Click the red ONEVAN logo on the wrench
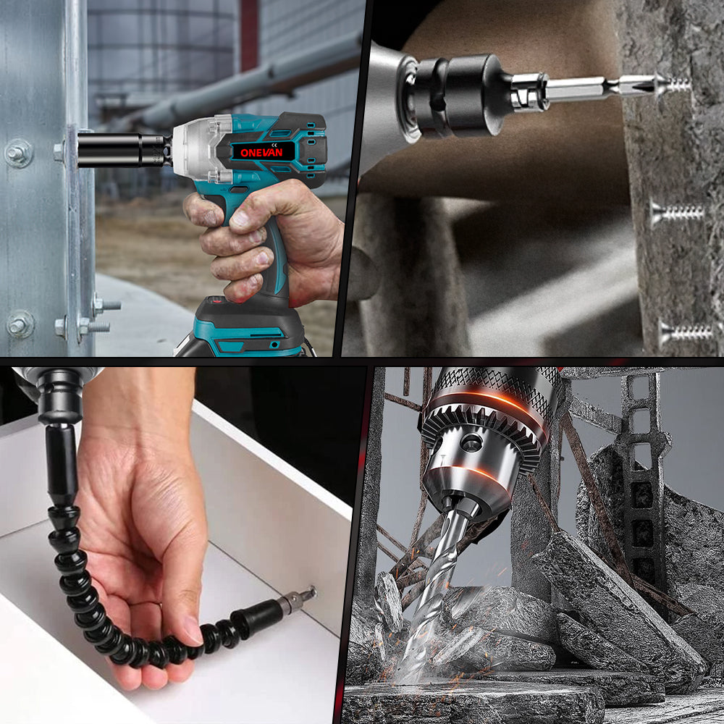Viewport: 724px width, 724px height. coord(261,152)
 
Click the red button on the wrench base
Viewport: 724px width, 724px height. coord(217,300)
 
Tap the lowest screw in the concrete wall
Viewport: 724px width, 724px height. coord(686,332)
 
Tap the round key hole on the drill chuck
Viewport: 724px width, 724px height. coord(471,442)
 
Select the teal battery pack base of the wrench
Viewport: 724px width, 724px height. coord(240,330)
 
